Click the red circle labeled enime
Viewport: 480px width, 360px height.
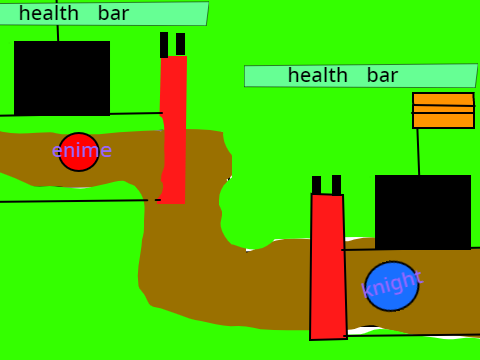click(79, 152)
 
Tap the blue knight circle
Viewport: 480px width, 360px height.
click(392, 286)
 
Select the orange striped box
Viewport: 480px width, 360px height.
click(443, 110)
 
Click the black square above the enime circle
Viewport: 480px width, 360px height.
click(62, 78)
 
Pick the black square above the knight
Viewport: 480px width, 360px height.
click(423, 212)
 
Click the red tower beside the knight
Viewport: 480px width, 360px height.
click(328, 267)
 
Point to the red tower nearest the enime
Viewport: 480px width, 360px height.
click(173, 129)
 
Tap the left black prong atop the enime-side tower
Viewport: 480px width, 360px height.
click(164, 45)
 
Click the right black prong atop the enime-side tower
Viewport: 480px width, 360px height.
click(180, 44)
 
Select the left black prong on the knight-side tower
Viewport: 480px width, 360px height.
click(316, 185)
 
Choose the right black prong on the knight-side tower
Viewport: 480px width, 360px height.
click(336, 185)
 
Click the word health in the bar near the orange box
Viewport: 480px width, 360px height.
click(318, 75)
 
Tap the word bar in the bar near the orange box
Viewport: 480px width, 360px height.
click(382, 75)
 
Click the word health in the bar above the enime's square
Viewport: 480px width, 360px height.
click(49, 13)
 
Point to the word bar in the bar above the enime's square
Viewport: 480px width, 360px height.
click(113, 13)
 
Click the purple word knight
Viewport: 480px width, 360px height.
click(392, 284)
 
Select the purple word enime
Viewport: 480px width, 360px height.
click(82, 150)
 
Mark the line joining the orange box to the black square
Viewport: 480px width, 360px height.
click(419, 152)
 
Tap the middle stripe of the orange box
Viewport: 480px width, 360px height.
click(443, 109)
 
